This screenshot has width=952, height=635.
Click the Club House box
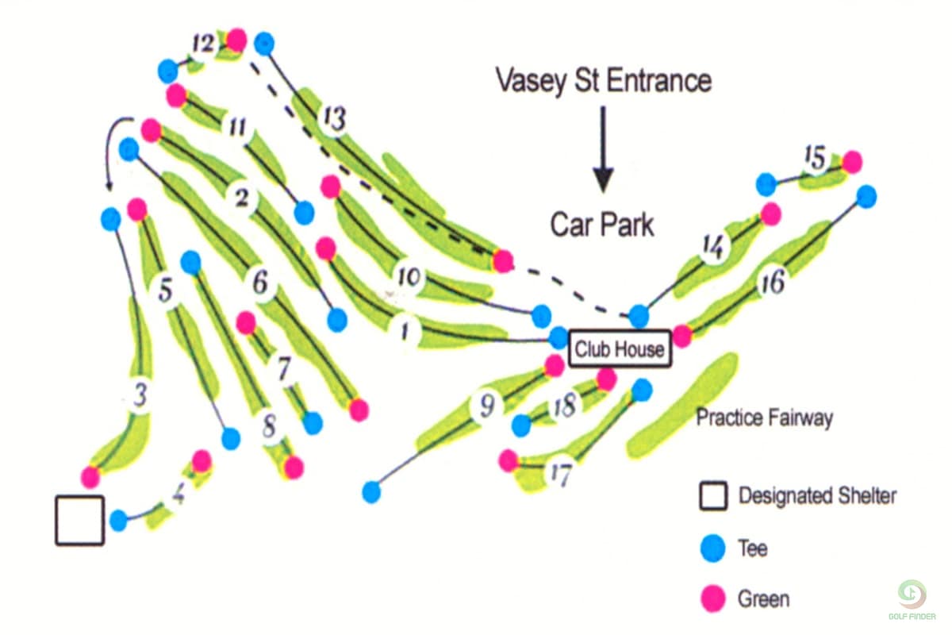click(x=620, y=348)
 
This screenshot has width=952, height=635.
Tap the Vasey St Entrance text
click(x=603, y=80)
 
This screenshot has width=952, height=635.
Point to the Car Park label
click(x=603, y=225)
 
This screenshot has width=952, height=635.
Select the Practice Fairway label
click(x=764, y=418)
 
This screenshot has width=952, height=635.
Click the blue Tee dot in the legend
click(x=713, y=548)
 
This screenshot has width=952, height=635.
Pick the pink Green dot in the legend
click(x=713, y=598)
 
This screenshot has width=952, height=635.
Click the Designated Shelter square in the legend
click(x=713, y=497)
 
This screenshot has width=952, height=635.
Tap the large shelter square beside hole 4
click(x=79, y=521)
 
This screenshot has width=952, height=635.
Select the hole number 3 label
click(x=140, y=394)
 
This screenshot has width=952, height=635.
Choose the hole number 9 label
click(x=486, y=406)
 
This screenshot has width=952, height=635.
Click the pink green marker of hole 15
click(x=851, y=162)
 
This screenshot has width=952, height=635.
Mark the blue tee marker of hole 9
click(x=371, y=492)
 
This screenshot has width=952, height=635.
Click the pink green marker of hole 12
click(x=236, y=40)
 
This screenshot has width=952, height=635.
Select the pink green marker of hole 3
click(x=90, y=477)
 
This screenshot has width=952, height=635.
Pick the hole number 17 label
click(x=560, y=475)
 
